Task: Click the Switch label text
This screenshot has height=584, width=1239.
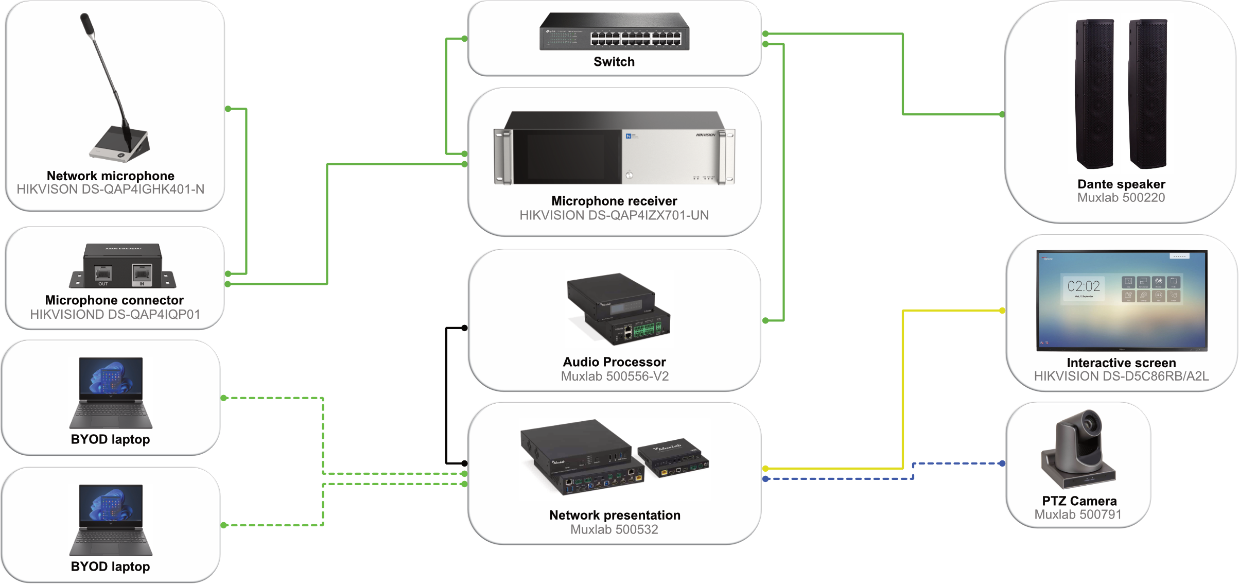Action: (x=614, y=62)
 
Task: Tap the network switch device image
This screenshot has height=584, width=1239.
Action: (x=614, y=31)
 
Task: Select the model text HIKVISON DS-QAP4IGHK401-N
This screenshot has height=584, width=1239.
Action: (x=111, y=190)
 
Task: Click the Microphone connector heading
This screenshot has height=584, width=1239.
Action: (x=114, y=300)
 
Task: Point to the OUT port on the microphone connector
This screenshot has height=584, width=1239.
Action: (x=103, y=273)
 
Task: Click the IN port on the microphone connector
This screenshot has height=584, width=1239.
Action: (x=142, y=272)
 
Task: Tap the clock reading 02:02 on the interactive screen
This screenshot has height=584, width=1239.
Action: (x=1084, y=286)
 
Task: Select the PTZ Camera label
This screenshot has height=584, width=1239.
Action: (x=1079, y=501)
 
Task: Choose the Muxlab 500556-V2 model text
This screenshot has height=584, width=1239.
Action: (x=615, y=376)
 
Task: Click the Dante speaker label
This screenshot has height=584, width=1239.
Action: (x=1121, y=184)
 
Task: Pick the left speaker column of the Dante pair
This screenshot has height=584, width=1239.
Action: (x=1095, y=94)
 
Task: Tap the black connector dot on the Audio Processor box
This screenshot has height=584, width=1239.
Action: (x=464, y=328)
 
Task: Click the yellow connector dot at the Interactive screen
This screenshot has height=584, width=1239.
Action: (x=1002, y=311)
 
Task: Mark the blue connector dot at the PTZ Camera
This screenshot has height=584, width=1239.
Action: (x=1002, y=463)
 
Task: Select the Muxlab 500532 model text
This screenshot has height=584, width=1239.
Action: (x=614, y=529)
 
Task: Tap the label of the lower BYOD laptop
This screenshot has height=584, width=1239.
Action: (x=111, y=566)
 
